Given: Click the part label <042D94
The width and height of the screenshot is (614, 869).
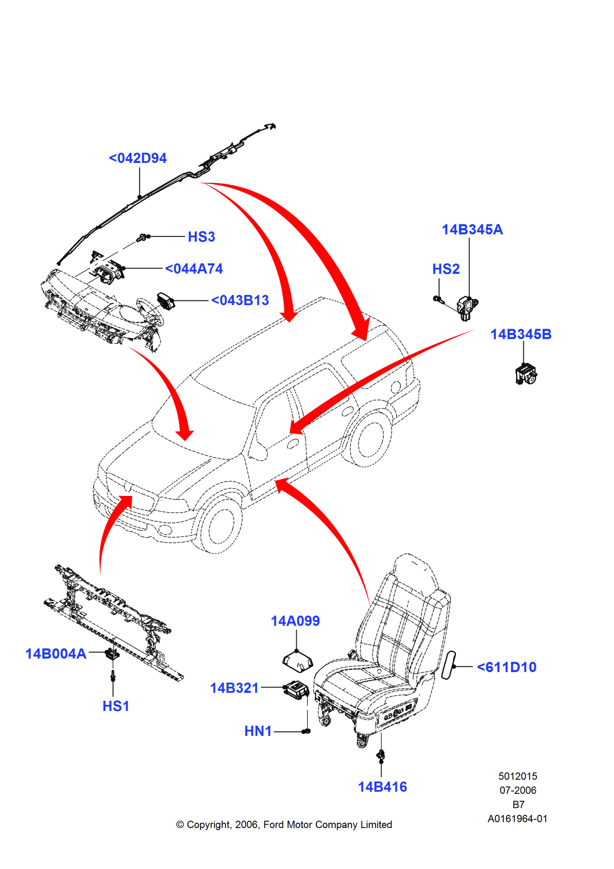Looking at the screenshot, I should pyautogui.click(x=138, y=158).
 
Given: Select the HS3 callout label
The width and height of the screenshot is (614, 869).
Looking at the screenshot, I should pyautogui.click(x=201, y=237).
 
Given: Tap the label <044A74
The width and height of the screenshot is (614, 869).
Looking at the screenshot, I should pyautogui.click(x=194, y=269).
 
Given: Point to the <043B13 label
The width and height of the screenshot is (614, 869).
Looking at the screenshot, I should pyautogui.click(x=240, y=300).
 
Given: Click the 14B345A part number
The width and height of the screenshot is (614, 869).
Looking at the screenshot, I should pyautogui.click(x=472, y=230).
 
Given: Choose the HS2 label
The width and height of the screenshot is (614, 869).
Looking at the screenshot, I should pyautogui.click(x=446, y=269).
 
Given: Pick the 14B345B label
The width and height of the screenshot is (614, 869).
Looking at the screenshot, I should pyautogui.click(x=520, y=335).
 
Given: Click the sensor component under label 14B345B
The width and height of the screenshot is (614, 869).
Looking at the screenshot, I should pyautogui.click(x=525, y=375).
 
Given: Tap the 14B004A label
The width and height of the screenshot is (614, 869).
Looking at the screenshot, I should pyautogui.click(x=56, y=654).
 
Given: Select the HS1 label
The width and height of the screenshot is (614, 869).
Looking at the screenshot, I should pyautogui.click(x=115, y=706).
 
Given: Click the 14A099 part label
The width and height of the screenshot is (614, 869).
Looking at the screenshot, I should pyautogui.click(x=295, y=621).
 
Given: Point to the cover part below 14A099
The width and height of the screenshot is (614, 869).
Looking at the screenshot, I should pyautogui.click(x=297, y=661).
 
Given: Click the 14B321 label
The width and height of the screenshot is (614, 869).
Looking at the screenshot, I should pyautogui.click(x=234, y=688).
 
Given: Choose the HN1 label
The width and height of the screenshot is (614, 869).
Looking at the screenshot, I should pyautogui.click(x=258, y=731).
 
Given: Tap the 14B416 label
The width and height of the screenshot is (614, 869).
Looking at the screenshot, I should pyautogui.click(x=383, y=787).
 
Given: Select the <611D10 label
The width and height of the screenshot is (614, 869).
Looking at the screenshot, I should pyautogui.click(x=507, y=668).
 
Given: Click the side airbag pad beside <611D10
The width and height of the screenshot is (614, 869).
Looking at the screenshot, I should pyautogui.click(x=448, y=665).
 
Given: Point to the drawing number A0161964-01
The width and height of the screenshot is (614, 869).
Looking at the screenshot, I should pyautogui.click(x=518, y=819).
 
